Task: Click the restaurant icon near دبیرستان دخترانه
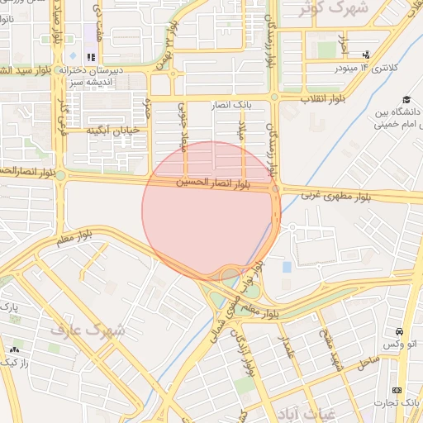coord(92,57)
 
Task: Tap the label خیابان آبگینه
coord(113,130)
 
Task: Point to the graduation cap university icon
coord(406,100)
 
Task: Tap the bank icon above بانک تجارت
coord(397,389)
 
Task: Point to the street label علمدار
coord(286,350)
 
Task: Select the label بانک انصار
coord(254,106)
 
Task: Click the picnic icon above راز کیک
coord(16,349)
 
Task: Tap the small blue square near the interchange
coord(287,267)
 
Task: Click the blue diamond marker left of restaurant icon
coord(73,56)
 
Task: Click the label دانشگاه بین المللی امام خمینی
coord(393,117)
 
